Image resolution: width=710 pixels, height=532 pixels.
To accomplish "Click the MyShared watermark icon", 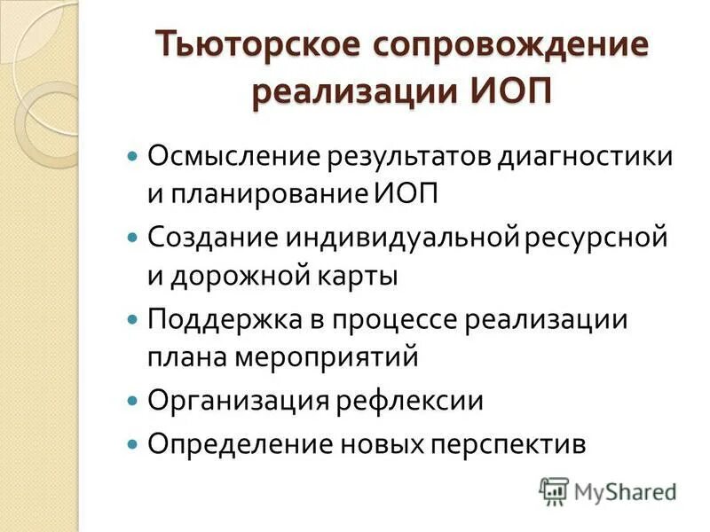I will click(x=554, y=489).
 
